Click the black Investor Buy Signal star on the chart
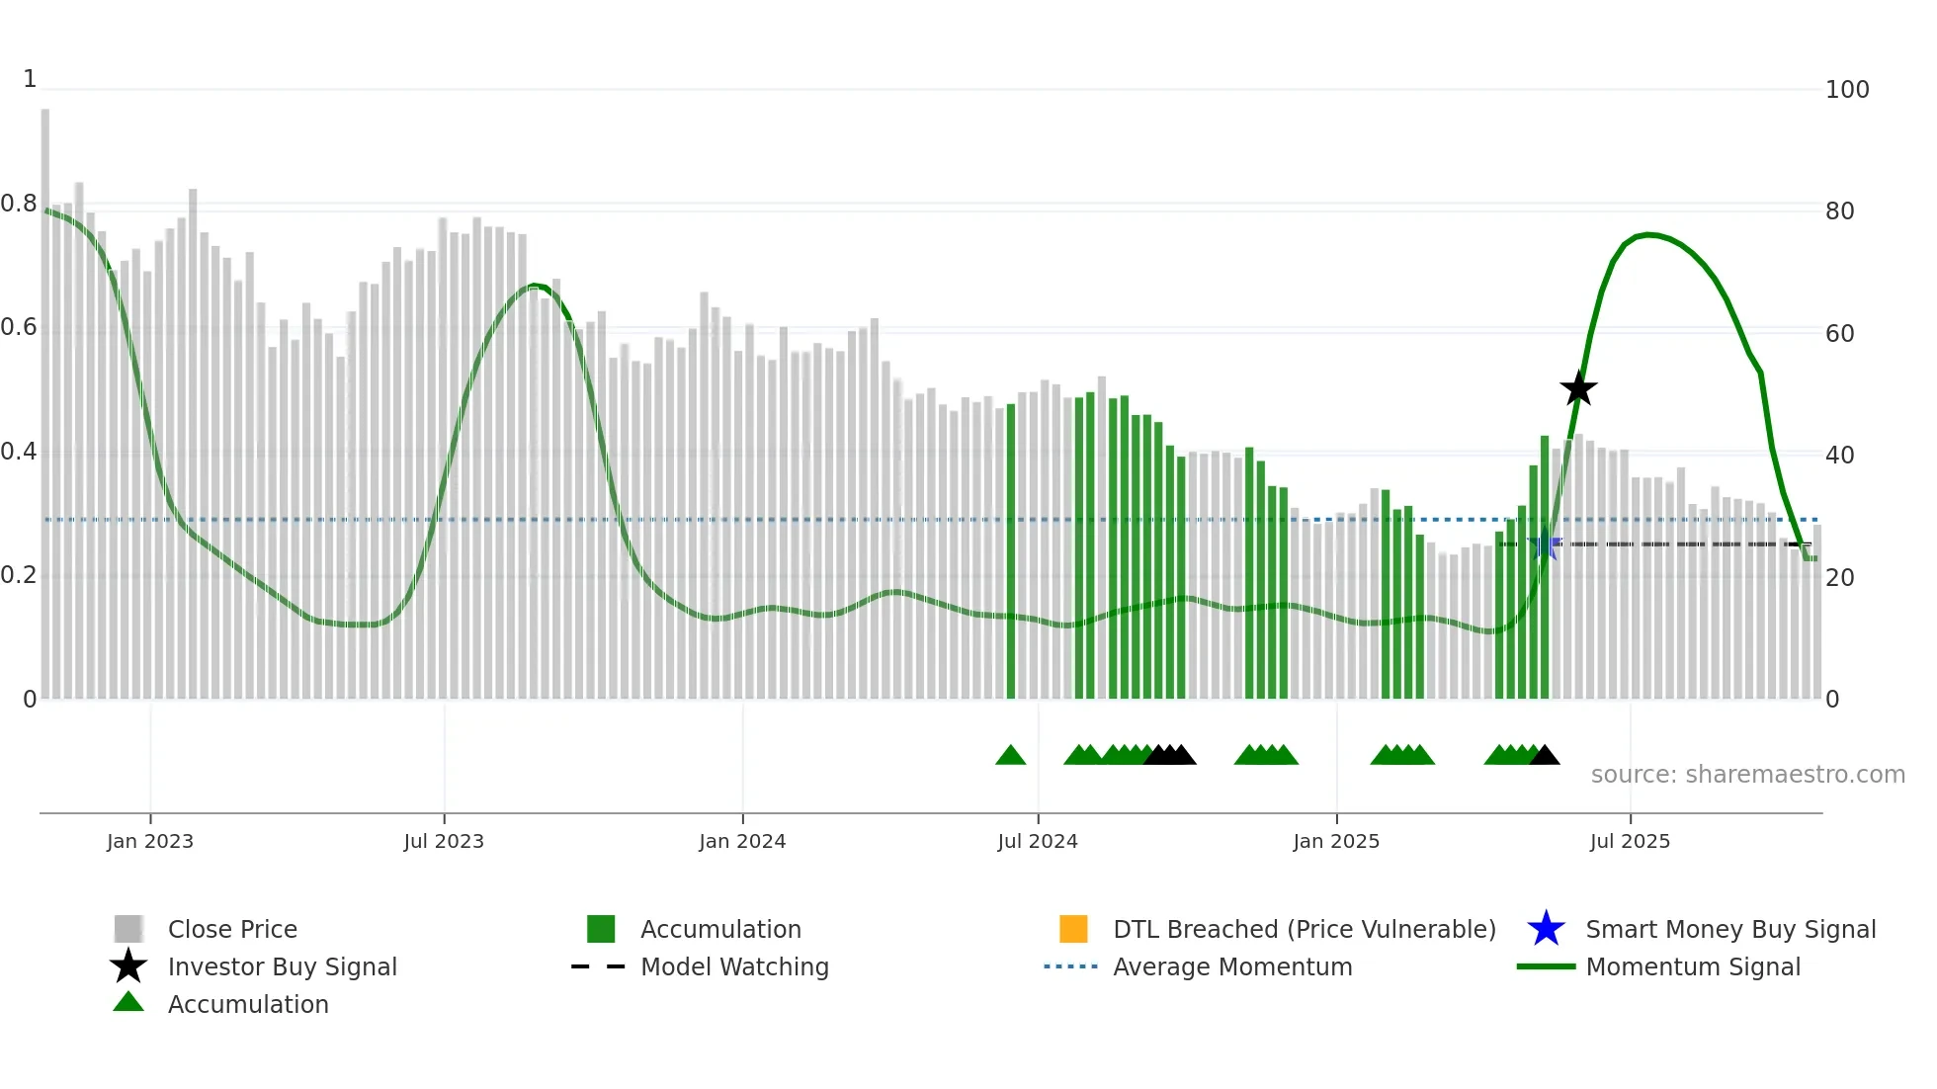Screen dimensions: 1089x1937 point(1578,388)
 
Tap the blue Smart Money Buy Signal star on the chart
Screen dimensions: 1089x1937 point(1544,544)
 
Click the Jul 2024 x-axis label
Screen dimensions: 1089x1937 point(1037,841)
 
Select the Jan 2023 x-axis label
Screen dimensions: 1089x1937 point(150,841)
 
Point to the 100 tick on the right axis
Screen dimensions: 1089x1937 point(1846,90)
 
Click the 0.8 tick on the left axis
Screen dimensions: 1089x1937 point(19,205)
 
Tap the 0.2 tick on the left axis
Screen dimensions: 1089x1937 point(19,575)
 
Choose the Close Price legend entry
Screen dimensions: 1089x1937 point(232,929)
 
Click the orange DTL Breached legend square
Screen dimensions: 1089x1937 point(1073,929)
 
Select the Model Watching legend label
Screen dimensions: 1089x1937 point(734,966)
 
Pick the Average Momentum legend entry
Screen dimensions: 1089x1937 point(1231,966)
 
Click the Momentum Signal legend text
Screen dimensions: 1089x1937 point(1692,966)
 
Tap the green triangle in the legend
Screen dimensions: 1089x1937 point(128,1002)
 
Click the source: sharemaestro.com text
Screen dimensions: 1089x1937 point(1747,775)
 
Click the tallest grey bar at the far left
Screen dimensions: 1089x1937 point(45,395)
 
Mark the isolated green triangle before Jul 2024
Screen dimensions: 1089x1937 point(1010,756)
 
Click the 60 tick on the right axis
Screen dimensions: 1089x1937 point(1839,334)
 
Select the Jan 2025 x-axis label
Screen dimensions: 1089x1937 point(1335,841)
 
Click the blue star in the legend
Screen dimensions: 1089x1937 point(1546,929)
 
